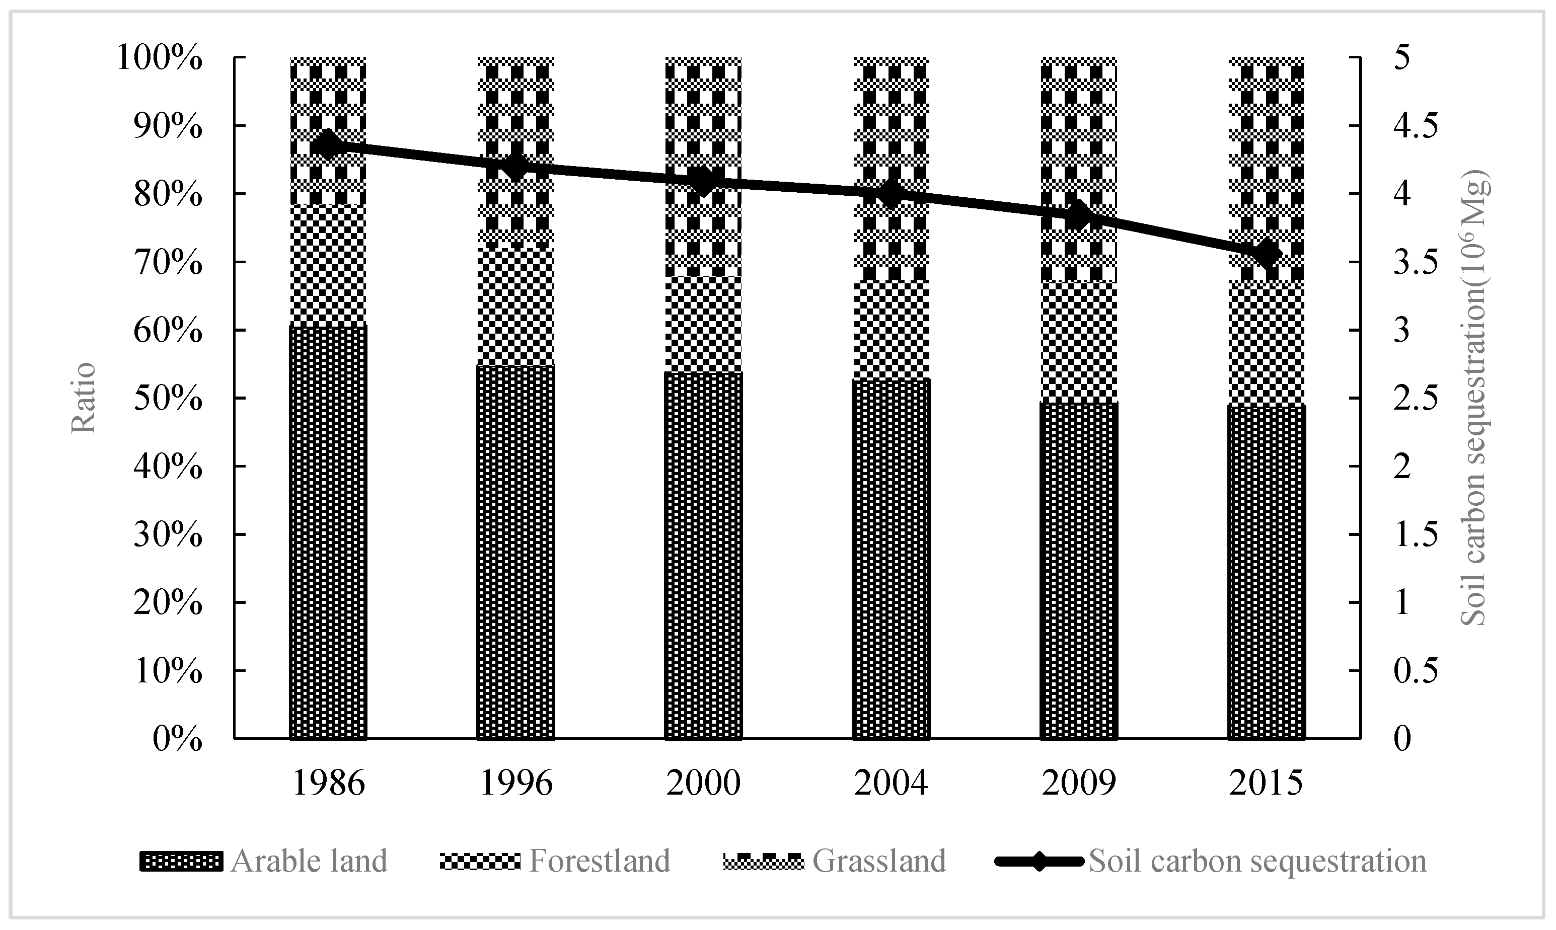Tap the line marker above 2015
click(1266, 254)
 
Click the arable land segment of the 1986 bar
click(328, 532)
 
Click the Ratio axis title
click(84, 398)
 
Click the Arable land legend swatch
click(181, 861)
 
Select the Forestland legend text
click(600, 861)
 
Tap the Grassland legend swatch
click(763, 861)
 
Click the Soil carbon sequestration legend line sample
click(1039, 861)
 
